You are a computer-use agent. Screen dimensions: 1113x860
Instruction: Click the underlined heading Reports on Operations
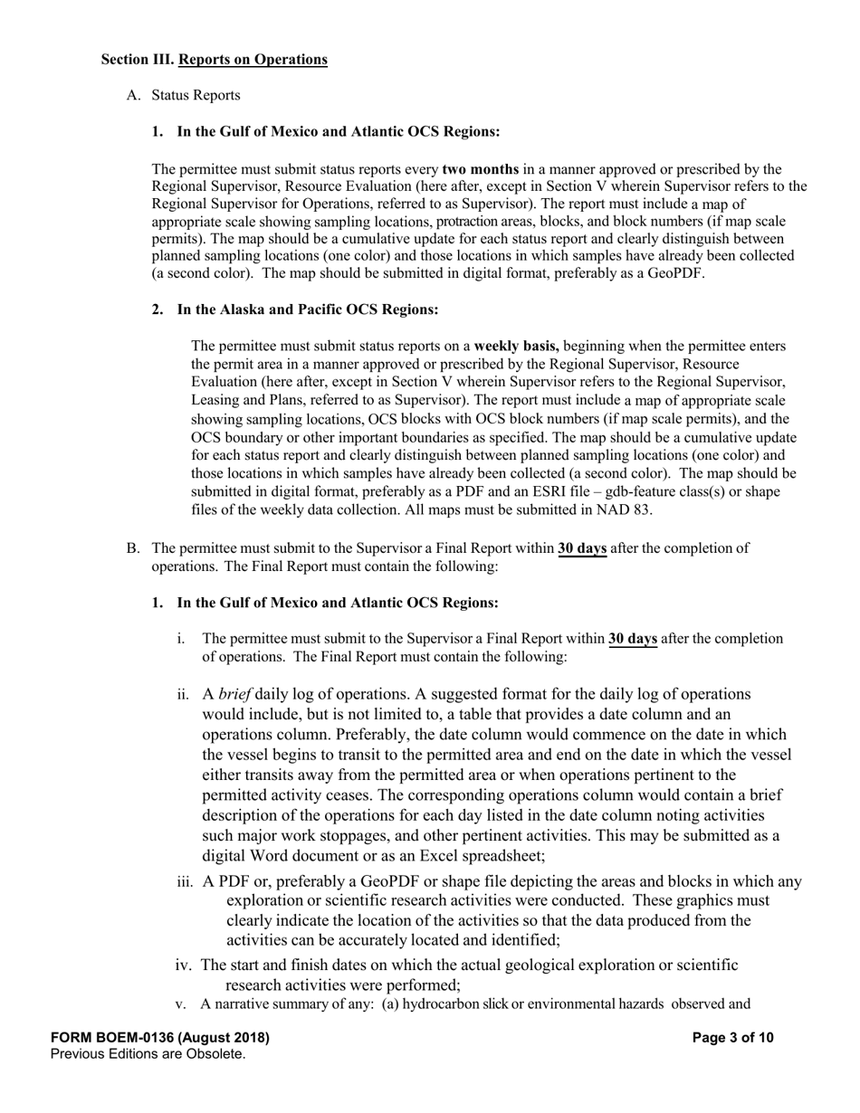[253, 60]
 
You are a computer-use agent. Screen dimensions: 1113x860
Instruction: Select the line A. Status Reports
[184, 95]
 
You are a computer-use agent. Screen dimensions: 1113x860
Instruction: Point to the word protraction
[466, 222]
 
